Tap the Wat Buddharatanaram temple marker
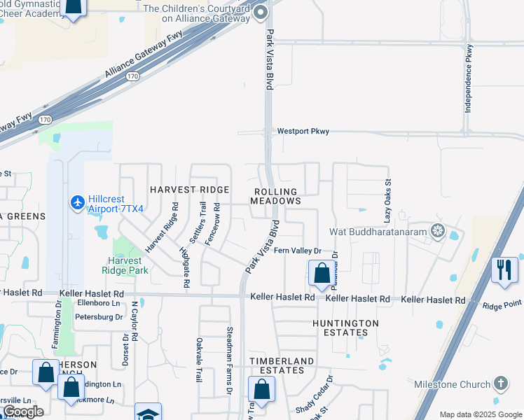tap(438, 230)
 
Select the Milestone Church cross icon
tap(499, 384)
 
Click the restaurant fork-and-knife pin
tap(504, 269)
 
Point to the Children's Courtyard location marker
tap(261, 13)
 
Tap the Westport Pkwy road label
tap(303, 131)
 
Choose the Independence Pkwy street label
tap(469, 79)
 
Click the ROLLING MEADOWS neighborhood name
tap(276, 196)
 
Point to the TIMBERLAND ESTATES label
tap(282, 366)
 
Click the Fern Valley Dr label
tap(297, 251)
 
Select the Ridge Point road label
tap(502, 304)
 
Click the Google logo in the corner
tap(23, 412)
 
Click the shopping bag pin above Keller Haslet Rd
tap(322, 274)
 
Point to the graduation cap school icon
tap(148, 414)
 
